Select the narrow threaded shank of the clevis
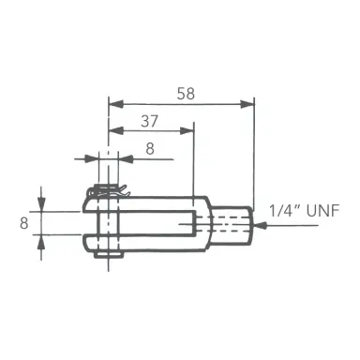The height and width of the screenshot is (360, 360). tap(235, 223)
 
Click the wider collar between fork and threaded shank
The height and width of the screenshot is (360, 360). tap(206, 223)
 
